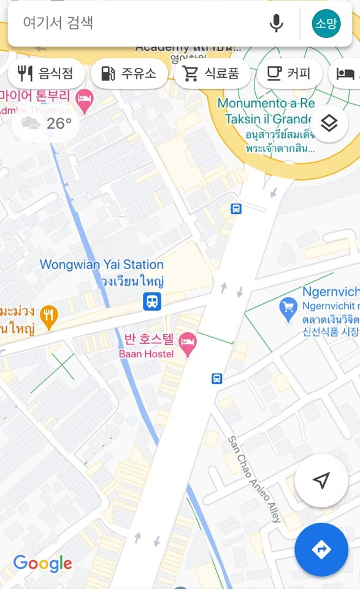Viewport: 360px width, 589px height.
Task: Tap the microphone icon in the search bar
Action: coord(277,24)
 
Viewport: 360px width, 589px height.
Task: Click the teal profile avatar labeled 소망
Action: coord(326,24)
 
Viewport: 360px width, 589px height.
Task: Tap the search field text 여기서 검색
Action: coord(58,23)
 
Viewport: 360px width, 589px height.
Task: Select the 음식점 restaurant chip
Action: coord(46,74)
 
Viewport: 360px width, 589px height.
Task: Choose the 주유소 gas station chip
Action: coord(129,74)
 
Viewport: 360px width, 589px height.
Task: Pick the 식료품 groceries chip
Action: coord(212,74)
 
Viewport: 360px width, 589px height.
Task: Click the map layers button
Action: coord(329,123)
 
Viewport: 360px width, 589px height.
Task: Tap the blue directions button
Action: coord(321,549)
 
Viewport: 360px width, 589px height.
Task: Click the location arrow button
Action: coord(321,481)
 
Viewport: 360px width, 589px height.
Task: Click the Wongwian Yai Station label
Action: coord(102,265)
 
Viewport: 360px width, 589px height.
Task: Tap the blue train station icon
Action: coord(152,301)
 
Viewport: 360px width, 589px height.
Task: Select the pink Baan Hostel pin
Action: coord(188,345)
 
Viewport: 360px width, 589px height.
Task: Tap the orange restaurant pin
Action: coord(48,316)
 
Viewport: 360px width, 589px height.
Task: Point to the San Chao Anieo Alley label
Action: coord(254,479)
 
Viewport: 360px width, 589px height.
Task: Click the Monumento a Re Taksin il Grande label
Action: coord(266,111)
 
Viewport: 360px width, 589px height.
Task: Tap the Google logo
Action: coord(42,563)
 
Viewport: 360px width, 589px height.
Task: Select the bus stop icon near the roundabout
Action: coord(236,209)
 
